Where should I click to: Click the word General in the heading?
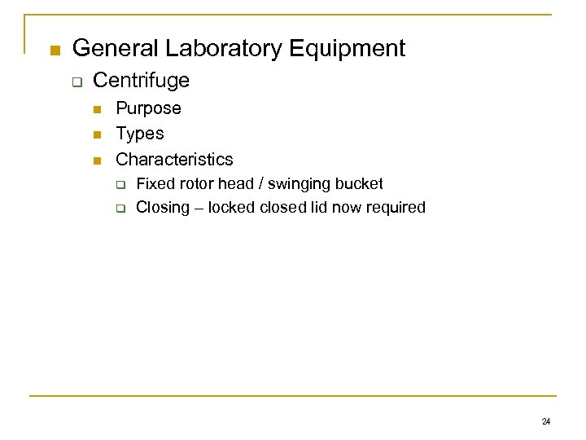coord(114,49)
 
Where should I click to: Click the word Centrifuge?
coord(142,81)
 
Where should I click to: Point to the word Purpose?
coord(148,108)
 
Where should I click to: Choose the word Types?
coord(140,134)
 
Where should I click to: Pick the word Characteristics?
coord(174,159)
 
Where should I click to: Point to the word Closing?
coord(162,208)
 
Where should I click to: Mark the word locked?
coord(232,208)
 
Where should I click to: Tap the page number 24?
coord(545,421)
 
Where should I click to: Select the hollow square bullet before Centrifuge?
coord(77,82)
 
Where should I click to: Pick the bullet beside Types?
coord(98,134)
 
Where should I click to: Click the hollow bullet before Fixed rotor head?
coord(119,185)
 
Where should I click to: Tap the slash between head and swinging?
coord(263,184)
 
